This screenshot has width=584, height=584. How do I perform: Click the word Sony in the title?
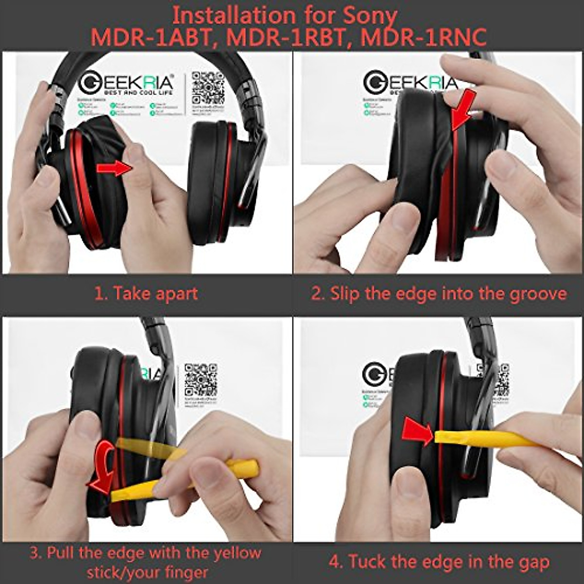pos(370,16)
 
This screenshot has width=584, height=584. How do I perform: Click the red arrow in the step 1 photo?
pos(114,168)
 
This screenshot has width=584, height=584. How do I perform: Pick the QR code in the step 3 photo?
pos(201,380)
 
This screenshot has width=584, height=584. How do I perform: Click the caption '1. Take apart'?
pos(146,294)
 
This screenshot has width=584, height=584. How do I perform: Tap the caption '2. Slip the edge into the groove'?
pos(439,294)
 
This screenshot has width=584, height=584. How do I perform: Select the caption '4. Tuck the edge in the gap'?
pos(439,562)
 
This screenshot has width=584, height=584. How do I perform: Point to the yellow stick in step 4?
pos(492,438)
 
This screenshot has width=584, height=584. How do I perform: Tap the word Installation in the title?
pos(229,16)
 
